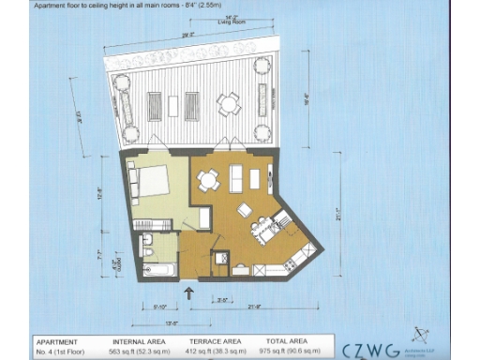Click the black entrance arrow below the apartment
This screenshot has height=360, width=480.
pos(191,292)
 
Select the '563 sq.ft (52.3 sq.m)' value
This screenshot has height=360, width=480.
pos(140,351)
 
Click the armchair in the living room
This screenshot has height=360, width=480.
pos(244,209)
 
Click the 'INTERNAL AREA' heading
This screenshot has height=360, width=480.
pos(140,340)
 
